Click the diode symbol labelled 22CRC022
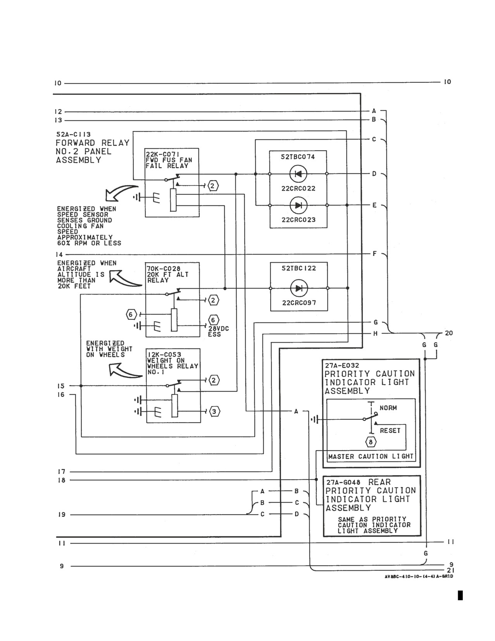click(298, 174)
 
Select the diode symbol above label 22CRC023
click(298, 205)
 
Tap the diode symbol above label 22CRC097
click(299, 288)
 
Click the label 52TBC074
click(298, 157)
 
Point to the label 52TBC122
click(298, 269)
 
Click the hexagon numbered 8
click(371, 442)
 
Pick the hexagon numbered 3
click(214, 412)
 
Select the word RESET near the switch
click(390, 431)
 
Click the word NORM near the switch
click(388, 408)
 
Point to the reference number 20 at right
click(449, 333)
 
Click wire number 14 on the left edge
click(59, 254)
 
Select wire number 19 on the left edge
click(62, 515)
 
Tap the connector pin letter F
click(375, 253)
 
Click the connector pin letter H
click(375, 334)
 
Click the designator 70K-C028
click(164, 269)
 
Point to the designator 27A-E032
click(342, 366)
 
